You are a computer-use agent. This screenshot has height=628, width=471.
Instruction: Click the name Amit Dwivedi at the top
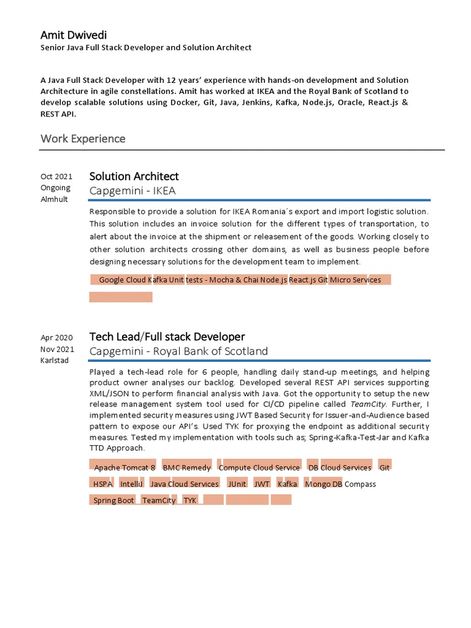pos(73,34)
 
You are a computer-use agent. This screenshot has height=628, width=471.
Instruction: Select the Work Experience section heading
pos(83,139)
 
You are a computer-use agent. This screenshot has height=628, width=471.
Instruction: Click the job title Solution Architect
pos(134,177)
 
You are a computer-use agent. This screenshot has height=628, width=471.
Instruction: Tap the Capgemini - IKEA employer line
pos(132,191)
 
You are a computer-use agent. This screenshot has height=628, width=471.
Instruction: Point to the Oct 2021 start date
pos(56,177)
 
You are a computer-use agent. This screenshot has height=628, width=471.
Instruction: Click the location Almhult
pos(55,199)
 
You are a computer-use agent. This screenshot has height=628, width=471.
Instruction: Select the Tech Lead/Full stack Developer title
pos(167,337)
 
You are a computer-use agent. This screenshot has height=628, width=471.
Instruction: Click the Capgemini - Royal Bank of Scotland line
pos(178,351)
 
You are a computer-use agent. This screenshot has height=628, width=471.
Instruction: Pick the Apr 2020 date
pos(56,337)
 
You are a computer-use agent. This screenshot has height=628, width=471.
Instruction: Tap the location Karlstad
pos(55,360)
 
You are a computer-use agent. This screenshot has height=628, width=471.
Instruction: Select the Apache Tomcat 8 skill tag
pos(124,467)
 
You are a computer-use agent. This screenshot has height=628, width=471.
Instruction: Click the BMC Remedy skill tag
pos(186,467)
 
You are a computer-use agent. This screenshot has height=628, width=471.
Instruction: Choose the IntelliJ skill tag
pos(132,484)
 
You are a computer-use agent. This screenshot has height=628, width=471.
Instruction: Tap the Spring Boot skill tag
pos(113,500)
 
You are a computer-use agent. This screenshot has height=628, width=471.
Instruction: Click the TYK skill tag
pos(190,500)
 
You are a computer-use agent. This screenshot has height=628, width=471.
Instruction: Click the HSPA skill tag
pos(102,484)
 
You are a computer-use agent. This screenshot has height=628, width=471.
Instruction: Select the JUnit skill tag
pos(237,484)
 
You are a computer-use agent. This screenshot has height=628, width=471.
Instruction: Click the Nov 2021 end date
pos(57,349)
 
